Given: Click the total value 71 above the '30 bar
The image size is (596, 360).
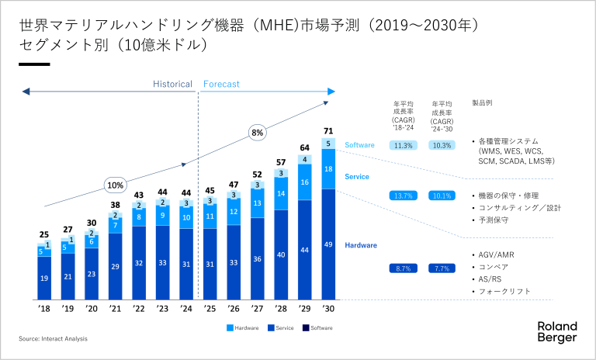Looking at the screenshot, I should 327,130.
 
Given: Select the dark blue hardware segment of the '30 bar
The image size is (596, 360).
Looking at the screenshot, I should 327,244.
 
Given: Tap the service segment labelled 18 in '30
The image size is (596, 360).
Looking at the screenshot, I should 327,169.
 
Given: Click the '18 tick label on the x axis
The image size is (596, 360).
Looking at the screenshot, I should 45,309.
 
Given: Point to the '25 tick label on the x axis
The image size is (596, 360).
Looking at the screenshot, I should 210,309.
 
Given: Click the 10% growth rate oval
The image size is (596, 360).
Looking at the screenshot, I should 116,185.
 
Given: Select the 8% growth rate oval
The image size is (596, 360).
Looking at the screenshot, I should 257,133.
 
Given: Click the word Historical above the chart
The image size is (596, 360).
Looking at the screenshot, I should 172,84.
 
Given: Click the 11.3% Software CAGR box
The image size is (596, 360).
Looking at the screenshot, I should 404,145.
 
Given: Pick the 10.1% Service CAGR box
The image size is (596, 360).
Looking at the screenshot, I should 443,196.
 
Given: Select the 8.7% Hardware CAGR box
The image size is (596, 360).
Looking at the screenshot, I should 404,268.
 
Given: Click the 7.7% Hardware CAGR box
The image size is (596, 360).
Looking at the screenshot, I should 443,268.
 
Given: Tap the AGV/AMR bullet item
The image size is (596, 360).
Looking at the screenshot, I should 497,254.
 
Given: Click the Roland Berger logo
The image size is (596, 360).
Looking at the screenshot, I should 557,331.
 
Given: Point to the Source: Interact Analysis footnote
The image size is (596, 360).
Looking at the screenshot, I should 54,338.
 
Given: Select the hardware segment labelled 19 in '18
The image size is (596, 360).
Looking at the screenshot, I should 45,278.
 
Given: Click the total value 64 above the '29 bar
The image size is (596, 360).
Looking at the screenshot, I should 304,147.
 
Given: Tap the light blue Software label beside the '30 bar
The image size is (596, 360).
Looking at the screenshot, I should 359,145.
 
